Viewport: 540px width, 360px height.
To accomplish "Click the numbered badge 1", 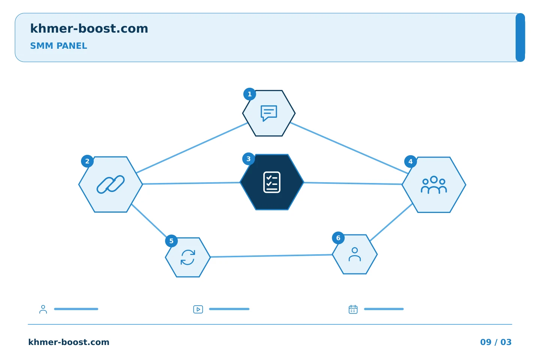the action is pyautogui.click(x=249, y=94).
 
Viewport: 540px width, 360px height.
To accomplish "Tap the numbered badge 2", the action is pyautogui.click(x=87, y=161).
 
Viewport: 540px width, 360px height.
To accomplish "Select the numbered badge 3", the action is pyautogui.click(x=248, y=159).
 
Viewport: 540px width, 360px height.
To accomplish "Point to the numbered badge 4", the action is pyautogui.click(x=410, y=161).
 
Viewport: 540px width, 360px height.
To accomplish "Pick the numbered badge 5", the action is pyautogui.click(x=171, y=241).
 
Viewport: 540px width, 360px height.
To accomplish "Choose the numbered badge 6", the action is pyautogui.click(x=338, y=238).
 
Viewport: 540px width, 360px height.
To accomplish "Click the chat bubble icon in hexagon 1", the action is pyautogui.click(x=269, y=113).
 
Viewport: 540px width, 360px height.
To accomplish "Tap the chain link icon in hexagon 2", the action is pyautogui.click(x=111, y=184).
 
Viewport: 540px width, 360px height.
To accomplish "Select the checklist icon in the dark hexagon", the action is pyautogui.click(x=271, y=182).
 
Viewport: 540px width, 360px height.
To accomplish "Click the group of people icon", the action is pyautogui.click(x=433, y=185).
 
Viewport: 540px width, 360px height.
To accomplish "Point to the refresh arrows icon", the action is pyautogui.click(x=188, y=257).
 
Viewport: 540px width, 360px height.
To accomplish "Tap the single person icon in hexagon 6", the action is pyautogui.click(x=355, y=254).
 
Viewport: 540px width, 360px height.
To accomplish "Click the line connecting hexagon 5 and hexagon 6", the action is pyautogui.click(x=271, y=256).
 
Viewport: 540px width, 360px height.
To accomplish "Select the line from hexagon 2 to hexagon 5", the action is pyautogui.click(x=149, y=220).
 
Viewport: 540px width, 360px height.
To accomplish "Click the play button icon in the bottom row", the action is pyautogui.click(x=198, y=309).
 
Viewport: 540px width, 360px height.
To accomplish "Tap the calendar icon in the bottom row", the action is pyautogui.click(x=353, y=309).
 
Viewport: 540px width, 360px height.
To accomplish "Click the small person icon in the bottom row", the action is pyautogui.click(x=43, y=309).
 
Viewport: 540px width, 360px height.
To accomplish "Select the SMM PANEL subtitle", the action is pyautogui.click(x=58, y=46).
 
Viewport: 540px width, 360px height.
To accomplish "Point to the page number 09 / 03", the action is pyautogui.click(x=496, y=342).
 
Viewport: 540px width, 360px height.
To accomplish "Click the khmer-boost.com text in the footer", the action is pyautogui.click(x=69, y=342).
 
